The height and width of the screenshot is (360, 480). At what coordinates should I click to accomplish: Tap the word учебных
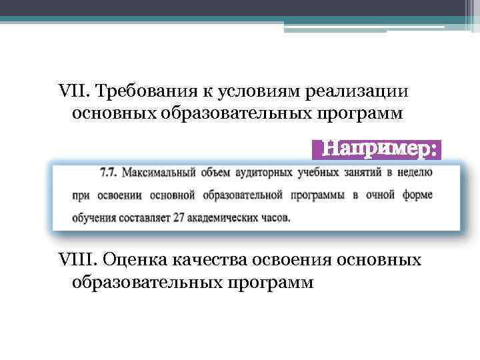coord(320,173)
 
